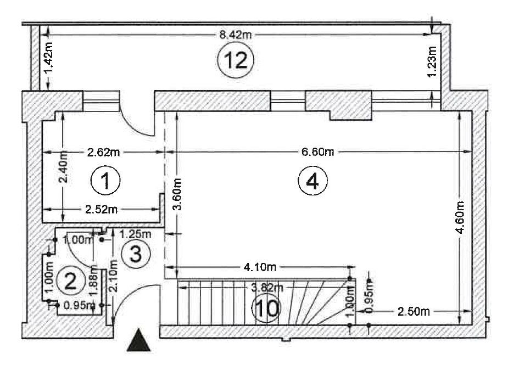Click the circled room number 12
tap(235, 60)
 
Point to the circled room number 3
tap(135, 254)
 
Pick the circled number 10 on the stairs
tap(266, 309)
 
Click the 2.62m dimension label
tap(104, 152)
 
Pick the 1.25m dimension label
tap(133, 234)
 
